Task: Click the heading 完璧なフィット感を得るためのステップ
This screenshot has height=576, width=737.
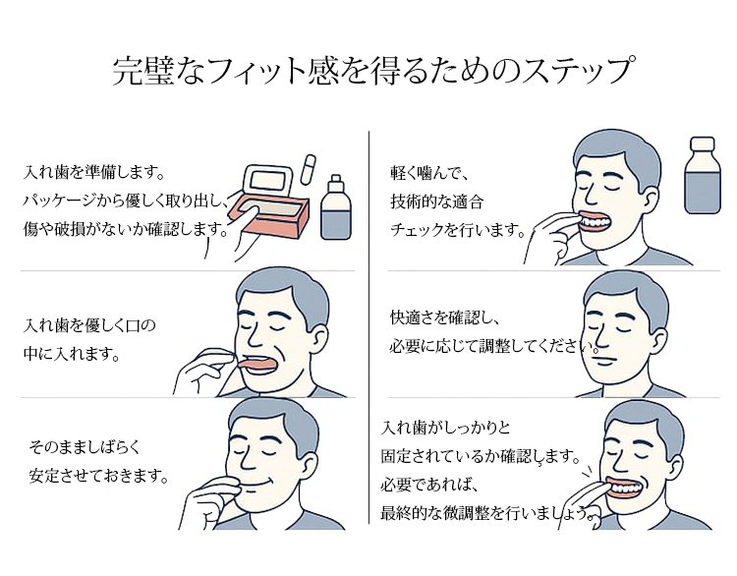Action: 369,72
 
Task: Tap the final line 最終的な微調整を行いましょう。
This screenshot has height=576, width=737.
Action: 487,512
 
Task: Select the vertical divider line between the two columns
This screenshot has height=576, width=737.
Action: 368,324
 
